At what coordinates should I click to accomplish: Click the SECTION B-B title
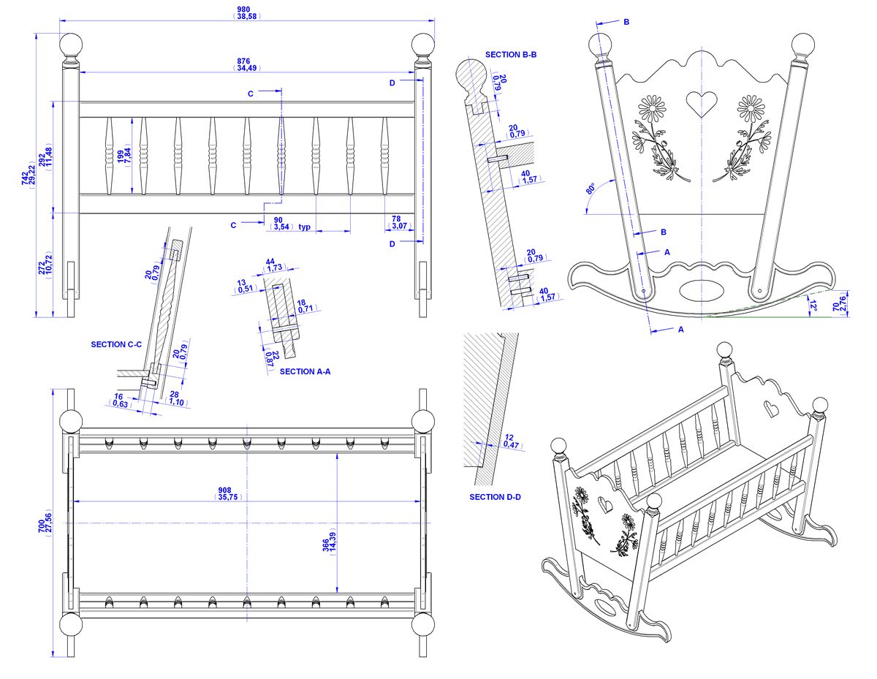tap(511, 55)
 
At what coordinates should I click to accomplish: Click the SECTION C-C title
tap(116, 344)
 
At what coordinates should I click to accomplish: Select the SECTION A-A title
tap(305, 371)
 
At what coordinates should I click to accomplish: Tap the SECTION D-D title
tap(495, 497)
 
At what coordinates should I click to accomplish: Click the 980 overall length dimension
tap(243, 10)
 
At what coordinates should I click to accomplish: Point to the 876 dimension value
tap(243, 61)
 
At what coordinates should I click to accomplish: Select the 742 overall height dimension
tap(25, 178)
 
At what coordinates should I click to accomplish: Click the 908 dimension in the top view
tap(225, 490)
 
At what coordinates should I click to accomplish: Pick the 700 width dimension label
tap(41, 526)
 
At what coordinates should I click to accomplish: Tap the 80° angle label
tap(591, 189)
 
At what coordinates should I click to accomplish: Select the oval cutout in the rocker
tap(702, 290)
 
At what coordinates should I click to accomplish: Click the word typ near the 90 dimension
tap(304, 227)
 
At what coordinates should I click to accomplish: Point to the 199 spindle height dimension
tap(121, 156)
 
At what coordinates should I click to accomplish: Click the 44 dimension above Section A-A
tap(270, 262)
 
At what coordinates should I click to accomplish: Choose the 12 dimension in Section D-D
tap(509, 437)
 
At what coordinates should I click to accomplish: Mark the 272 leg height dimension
tap(42, 265)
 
